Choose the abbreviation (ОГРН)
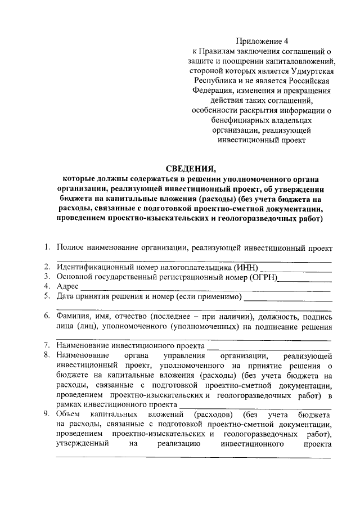pyautogui.click(x=262, y=276)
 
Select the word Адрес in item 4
pyautogui.click(x=67, y=286)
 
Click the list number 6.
pyautogui.click(x=47, y=317)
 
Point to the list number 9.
pyautogui.click(x=47, y=415)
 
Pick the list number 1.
pyautogui.click(x=47, y=247)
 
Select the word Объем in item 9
pyautogui.click(x=69, y=415)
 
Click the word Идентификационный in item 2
pyautogui.click(x=93, y=267)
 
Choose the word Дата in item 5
pyautogui.click(x=66, y=296)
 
